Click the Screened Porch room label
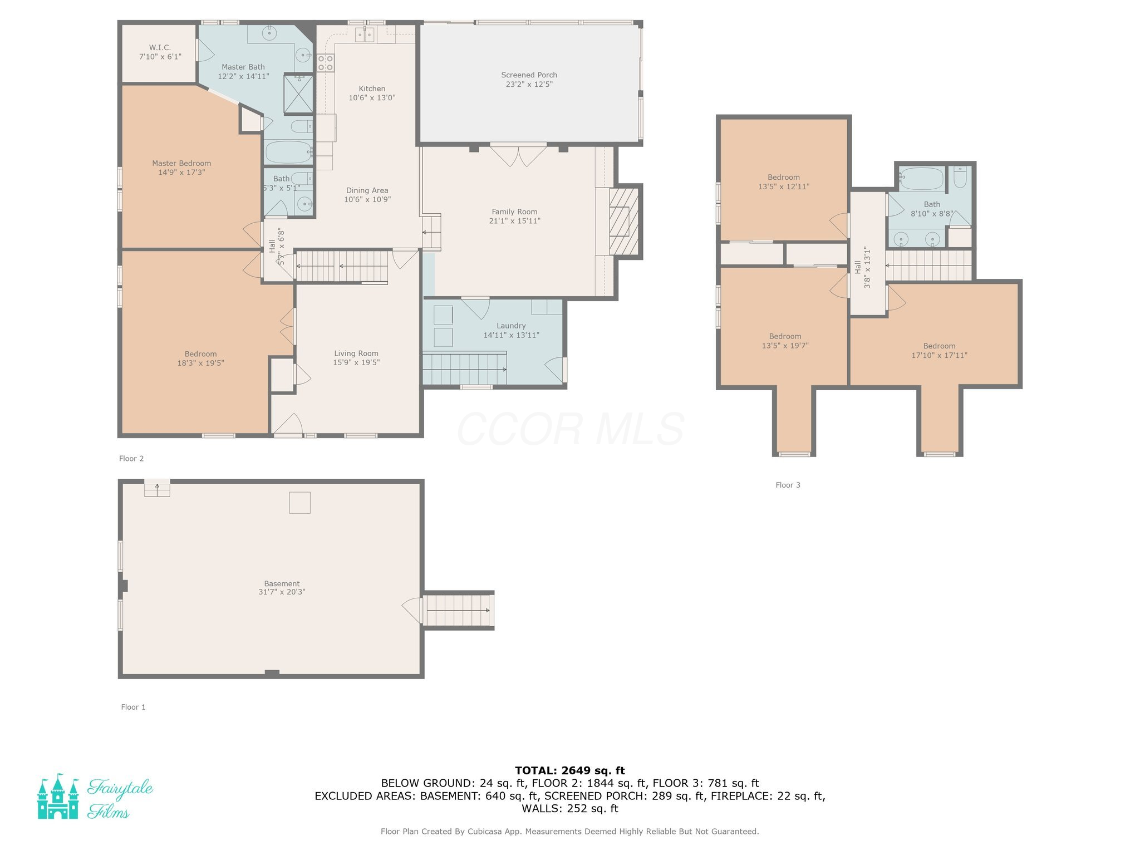pos(529,75)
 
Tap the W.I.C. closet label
pos(160,48)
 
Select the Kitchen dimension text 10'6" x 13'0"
pos(372,98)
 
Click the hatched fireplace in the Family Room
pos(623,222)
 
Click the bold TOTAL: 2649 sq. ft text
pos(569,771)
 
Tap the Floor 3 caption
pos(788,485)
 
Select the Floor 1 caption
pos(133,707)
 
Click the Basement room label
pos(282,584)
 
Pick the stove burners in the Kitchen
pos(326,63)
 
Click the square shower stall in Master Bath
pos(298,94)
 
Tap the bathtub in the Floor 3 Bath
pos(922,179)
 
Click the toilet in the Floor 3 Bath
pos(960,177)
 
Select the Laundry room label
pos(511,326)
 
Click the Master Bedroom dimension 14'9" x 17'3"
pos(181,173)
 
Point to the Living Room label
pos(356,353)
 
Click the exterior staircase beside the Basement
pos(459,611)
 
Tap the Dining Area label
pos(367,190)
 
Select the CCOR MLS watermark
pos(571,429)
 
